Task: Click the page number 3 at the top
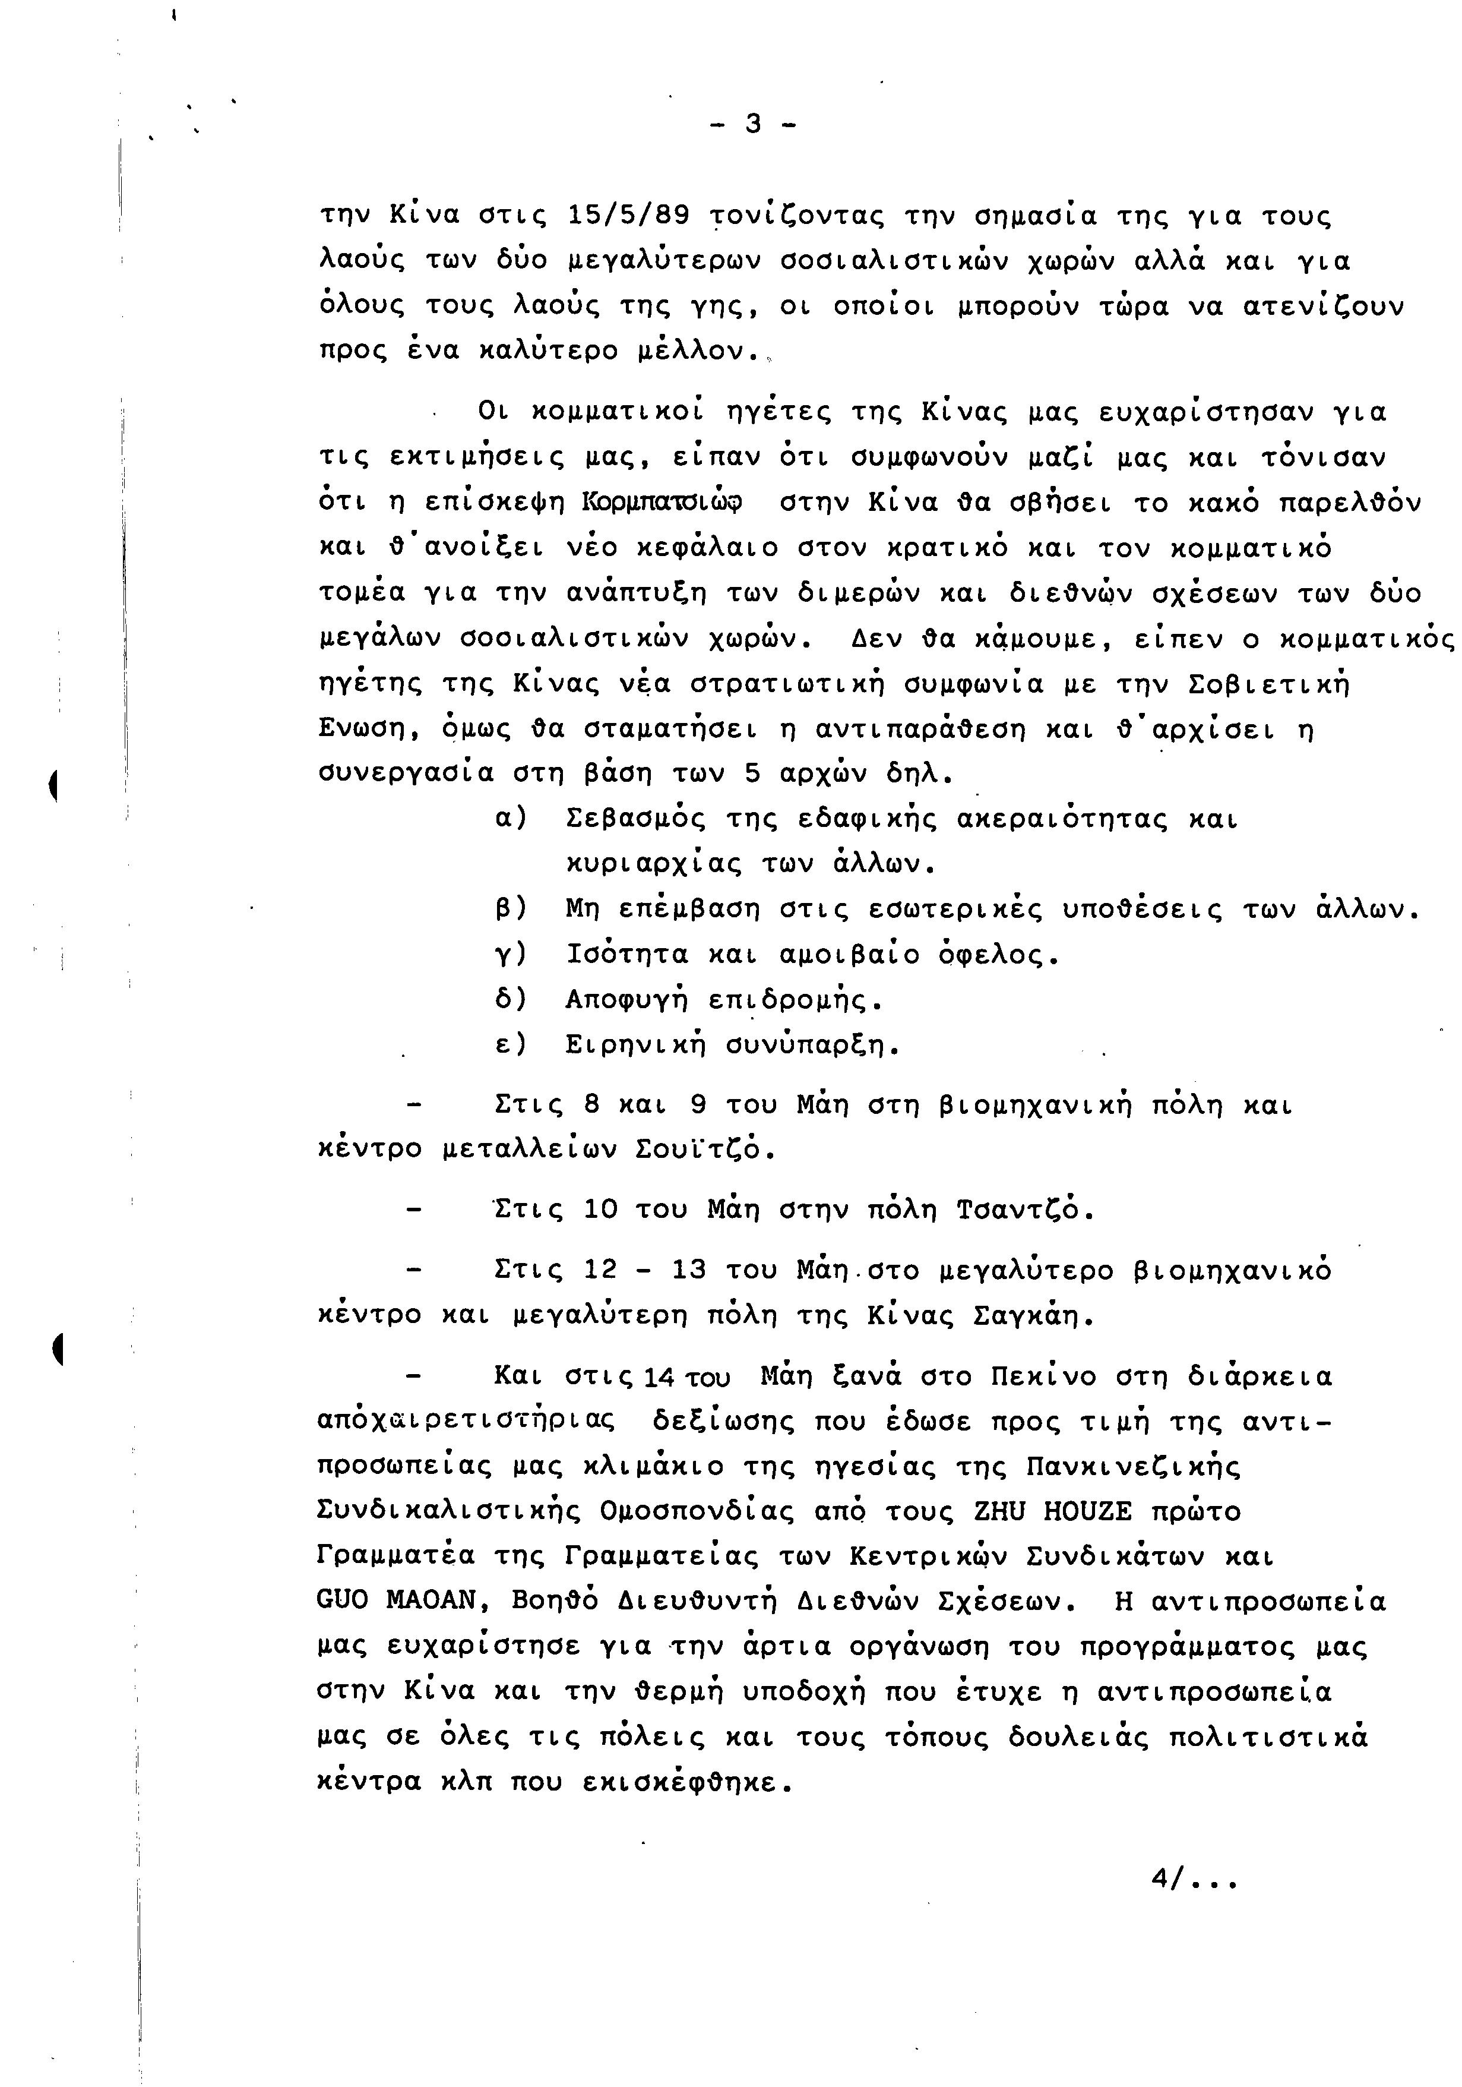(x=752, y=123)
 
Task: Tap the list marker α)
(x=511, y=818)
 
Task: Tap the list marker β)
(x=511, y=908)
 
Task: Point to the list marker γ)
(x=511, y=953)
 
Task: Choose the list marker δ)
(x=511, y=999)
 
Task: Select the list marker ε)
(x=511, y=1044)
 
